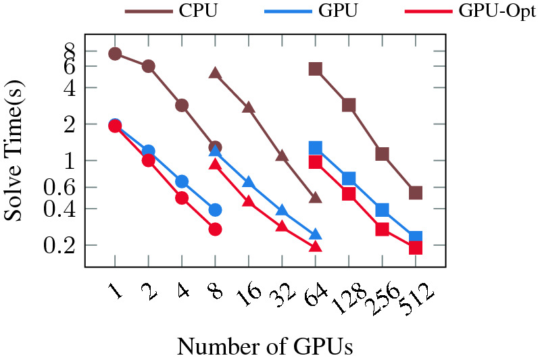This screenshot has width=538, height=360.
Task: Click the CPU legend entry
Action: click(x=172, y=11)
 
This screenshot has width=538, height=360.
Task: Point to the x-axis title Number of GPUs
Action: click(x=264, y=346)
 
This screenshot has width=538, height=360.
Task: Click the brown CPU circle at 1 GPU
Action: click(x=115, y=53)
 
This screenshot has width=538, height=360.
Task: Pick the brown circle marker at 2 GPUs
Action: click(x=148, y=66)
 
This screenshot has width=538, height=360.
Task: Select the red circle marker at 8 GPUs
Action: click(x=215, y=229)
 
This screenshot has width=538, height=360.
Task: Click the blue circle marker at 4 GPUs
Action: click(x=182, y=181)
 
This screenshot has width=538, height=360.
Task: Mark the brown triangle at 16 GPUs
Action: click(x=248, y=107)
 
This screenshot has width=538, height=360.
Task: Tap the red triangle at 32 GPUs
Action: click(x=282, y=226)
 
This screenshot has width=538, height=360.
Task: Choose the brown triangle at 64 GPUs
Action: click(x=315, y=197)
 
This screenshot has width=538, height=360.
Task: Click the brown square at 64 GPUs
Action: click(x=315, y=69)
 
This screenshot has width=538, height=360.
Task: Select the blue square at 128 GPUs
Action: click(x=349, y=178)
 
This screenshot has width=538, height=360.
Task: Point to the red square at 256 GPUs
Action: click(x=382, y=229)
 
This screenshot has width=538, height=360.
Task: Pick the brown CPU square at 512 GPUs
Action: click(x=415, y=193)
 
